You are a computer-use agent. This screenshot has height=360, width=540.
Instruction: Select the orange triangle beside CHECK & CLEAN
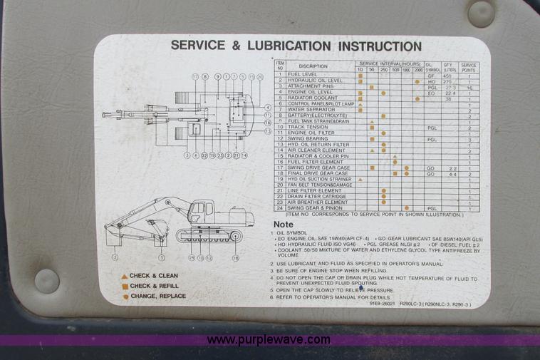coord(124,276)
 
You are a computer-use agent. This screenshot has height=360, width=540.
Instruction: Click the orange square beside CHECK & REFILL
coord(125,286)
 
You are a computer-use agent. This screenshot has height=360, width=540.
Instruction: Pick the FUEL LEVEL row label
coord(303,74)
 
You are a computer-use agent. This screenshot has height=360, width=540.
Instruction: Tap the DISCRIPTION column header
coord(313,66)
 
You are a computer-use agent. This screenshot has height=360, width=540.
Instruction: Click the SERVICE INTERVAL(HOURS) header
coord(390,63)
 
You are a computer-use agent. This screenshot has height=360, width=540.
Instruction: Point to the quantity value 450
coord(448,75)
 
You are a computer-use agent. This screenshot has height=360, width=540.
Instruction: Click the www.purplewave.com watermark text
coord(270,340)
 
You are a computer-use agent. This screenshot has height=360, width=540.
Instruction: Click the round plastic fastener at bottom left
coord(47,281)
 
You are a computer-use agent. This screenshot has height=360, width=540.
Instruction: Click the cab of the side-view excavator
coord(200,212)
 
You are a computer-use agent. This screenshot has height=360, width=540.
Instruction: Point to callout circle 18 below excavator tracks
coord(236,257)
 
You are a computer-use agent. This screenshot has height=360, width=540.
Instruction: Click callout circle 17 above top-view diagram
coord(194,76)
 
